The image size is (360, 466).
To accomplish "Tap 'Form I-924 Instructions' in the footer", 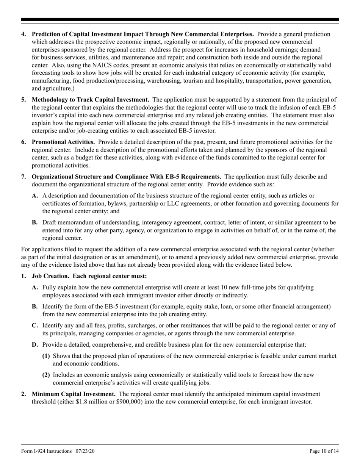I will pyautogui.click(x=46, y=451).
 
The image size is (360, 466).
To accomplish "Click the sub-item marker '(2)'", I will pyautogui.click(x=46, y=375).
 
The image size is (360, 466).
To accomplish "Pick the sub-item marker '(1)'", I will pyautogui.click(x=46, y=356).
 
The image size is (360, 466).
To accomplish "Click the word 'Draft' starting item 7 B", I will pyautogui.click(x=50, y=222).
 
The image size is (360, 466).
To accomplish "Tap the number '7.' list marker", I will pyautogui.click(x=24, y=177).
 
